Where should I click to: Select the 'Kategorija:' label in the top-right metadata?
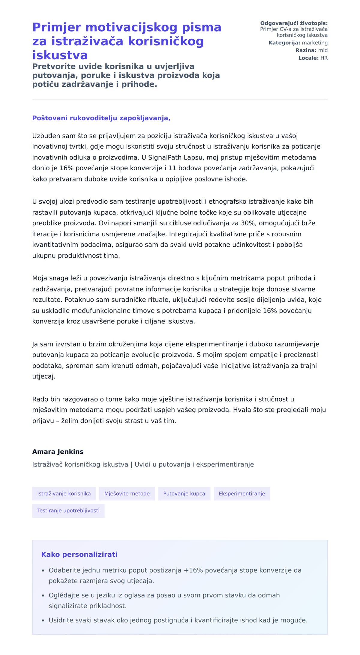[x=284, y=43]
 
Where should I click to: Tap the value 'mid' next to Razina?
[x=323, y=50]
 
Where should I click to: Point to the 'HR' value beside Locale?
[x=324, y=58]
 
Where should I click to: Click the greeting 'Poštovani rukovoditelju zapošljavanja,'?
[x=101, y=118]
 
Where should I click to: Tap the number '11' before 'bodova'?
[x=172, y=168]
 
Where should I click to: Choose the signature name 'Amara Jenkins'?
[x=58, y=452]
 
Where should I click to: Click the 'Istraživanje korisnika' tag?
[x=64, y=494]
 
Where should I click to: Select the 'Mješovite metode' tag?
[x=127, y=494]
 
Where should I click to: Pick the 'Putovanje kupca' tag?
[x=184, y=494]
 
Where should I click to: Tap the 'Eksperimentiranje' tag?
[x=242, y=494]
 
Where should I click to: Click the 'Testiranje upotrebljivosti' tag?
[x=68, y=510]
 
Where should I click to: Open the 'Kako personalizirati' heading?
[x=79, y=554]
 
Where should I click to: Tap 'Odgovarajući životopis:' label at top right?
[x=294, y=23]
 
